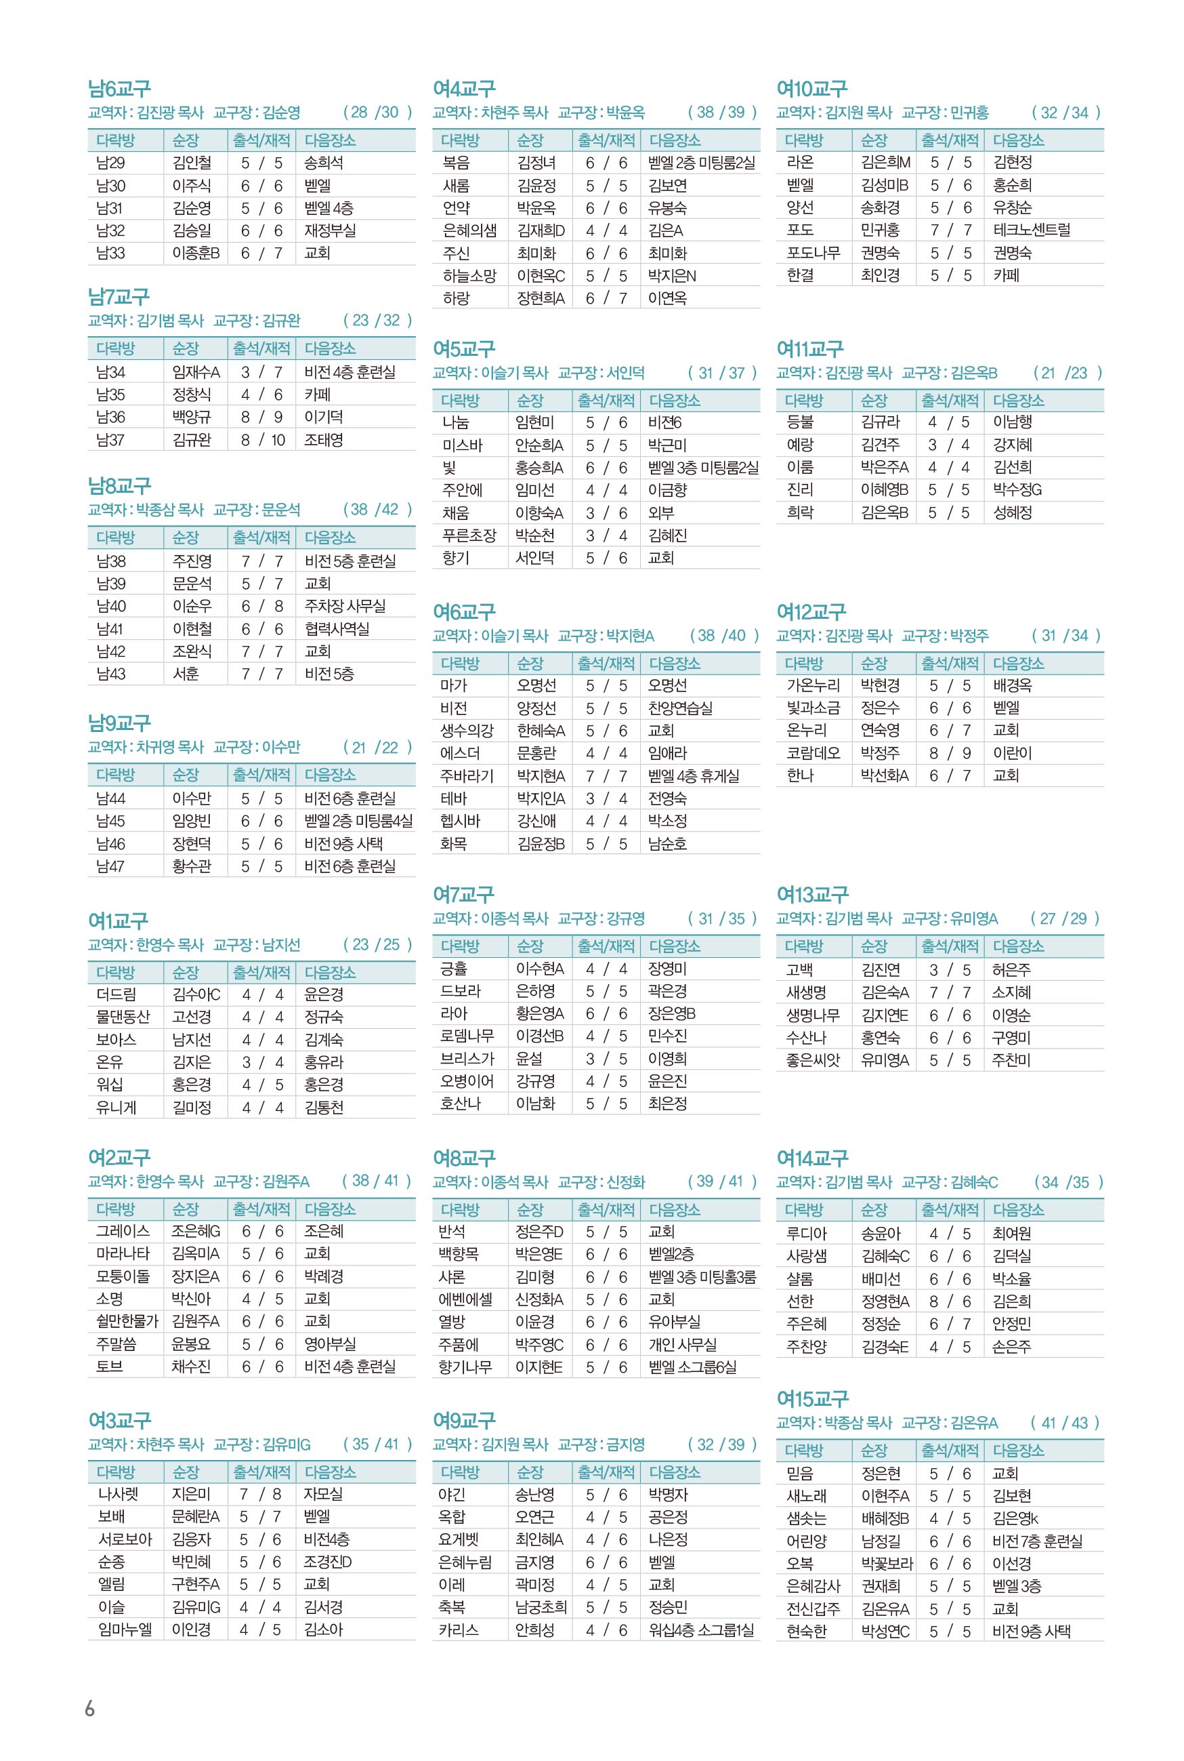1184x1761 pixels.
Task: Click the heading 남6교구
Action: coord(119,89)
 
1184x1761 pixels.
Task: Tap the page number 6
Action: coord(90,1708)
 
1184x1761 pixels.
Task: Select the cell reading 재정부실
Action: coord(330,230)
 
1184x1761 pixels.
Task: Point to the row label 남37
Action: coord(111,440)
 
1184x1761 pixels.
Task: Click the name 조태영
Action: coord(323,440)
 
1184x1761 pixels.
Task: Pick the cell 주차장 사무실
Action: coord(345,606)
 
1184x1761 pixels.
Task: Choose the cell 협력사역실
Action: coord(337,628)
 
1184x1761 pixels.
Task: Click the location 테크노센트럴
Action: coord(1032,230)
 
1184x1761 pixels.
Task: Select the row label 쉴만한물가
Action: coord(127,1320)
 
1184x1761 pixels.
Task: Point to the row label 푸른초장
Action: coord(469,535)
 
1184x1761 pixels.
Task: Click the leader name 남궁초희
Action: coord(541,1607)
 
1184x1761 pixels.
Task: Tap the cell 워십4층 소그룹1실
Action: coord(702,1630)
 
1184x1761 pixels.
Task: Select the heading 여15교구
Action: coord(813,1398)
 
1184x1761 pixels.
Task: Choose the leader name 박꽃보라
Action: coord(887,1563)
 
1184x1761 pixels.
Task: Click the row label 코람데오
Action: coord(813,753)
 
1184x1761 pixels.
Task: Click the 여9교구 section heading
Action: coord(463,1419)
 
